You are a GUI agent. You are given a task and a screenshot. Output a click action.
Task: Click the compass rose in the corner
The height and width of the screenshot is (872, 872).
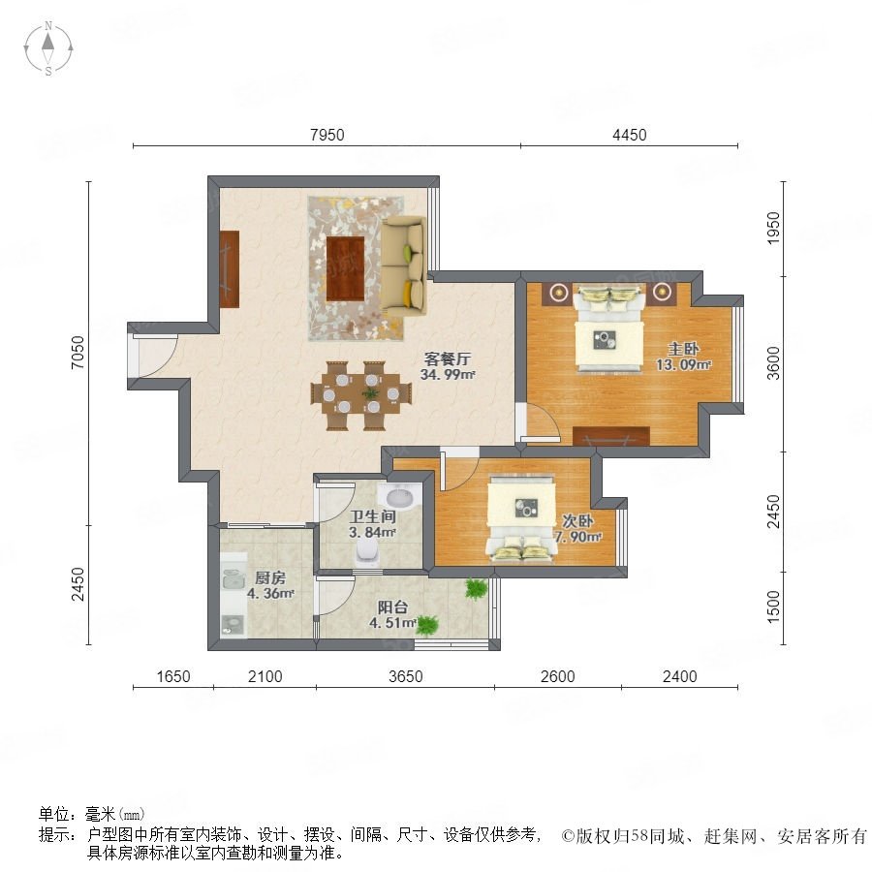coord(48,48)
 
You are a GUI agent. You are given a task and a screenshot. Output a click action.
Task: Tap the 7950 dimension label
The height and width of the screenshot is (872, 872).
coord(327,135)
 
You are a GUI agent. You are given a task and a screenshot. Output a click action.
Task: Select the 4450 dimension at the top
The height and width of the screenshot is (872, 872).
coord(629,135)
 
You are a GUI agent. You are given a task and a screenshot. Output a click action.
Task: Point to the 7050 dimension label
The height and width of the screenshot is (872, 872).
coord(78,352)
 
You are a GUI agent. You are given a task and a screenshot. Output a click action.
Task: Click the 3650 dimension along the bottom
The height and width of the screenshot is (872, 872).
coord(405,676)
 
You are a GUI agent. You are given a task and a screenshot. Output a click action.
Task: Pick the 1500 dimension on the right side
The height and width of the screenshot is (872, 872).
coord(773,607)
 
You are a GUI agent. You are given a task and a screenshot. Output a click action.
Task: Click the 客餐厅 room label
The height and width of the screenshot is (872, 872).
coord(447,358)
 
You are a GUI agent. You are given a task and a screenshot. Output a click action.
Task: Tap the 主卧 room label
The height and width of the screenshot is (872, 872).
coord(683,349)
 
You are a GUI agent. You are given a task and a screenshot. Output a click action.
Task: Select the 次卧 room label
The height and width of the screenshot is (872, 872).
coord(577,520)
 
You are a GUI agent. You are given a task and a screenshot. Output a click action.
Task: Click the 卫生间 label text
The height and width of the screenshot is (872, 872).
coord(373,516)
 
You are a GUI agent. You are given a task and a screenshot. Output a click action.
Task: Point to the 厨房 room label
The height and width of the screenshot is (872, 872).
coord(270,577)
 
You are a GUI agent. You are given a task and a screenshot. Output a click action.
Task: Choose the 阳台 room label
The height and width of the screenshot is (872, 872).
coord(392,607)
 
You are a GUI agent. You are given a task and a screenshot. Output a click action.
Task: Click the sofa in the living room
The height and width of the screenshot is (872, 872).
coord(403,265)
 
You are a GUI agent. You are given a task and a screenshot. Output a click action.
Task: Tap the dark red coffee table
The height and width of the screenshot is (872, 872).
coord(345,268)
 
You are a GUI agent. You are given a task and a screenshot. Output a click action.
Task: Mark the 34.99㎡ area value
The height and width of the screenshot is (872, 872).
coord(448,374)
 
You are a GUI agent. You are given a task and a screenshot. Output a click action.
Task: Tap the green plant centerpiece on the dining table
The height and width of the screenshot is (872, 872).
coord(370,393)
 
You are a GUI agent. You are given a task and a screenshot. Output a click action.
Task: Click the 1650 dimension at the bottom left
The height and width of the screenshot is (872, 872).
coord(173,676)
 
